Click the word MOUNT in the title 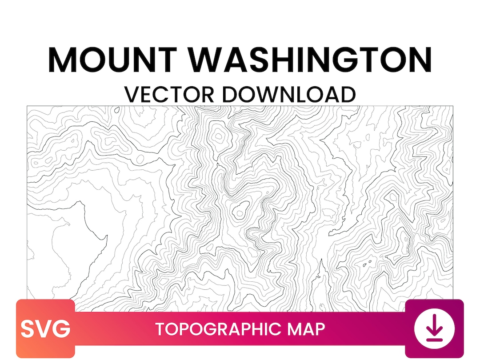point(113,60)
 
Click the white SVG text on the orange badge point(45,329)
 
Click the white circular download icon point(434,329)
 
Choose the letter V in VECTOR point(132,94)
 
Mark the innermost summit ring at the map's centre point(240,213)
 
